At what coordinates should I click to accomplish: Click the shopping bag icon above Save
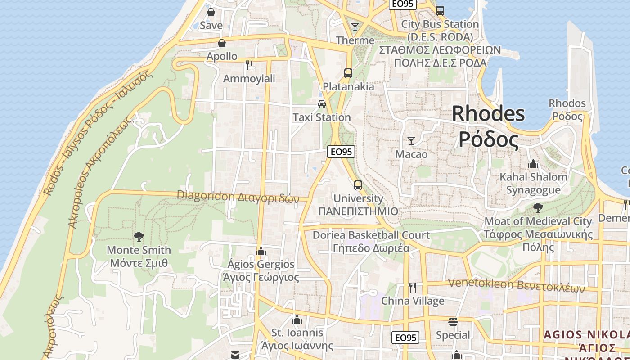(x=211, y=12)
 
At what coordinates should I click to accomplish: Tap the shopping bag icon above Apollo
(x=221, y=43)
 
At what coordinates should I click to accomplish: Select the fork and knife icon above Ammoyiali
(x=249, y=65)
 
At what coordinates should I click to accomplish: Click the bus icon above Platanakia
(x=348, y=73)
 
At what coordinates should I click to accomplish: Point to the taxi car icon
(x=321, y=104)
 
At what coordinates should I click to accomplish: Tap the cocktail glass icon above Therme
(x=355, y=27)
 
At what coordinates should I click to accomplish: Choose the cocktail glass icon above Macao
(x=411, y=140)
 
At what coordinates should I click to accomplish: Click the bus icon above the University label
(x=358, y=185)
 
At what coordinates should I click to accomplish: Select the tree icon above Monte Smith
(x=139, y=236)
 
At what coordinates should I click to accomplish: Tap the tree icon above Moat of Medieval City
(x=538, y=207)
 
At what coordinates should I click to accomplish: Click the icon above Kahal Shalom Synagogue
(x=533, y=164)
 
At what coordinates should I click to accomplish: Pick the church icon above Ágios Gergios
(x=261, y=251)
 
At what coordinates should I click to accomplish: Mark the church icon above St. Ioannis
(x=297, y=319)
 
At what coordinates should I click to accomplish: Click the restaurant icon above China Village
(x=412, y=287)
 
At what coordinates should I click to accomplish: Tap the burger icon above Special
(x=453, y=322)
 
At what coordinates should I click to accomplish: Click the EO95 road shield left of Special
(x=405, y=337)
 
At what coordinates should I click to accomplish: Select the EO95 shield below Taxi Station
(x=341, y=152)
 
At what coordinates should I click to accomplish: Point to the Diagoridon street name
(x=238, y=196)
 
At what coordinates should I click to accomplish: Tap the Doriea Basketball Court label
(x=371, y=235)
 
